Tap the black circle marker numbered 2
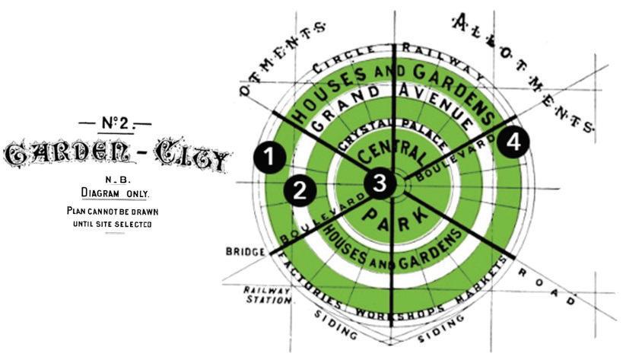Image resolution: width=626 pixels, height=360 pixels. click(300, 190)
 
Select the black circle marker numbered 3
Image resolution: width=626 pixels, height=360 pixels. click(379, 182)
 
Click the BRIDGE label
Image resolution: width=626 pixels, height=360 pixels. click(243, 251)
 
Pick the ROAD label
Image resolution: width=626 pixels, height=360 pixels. click(544, 285)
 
